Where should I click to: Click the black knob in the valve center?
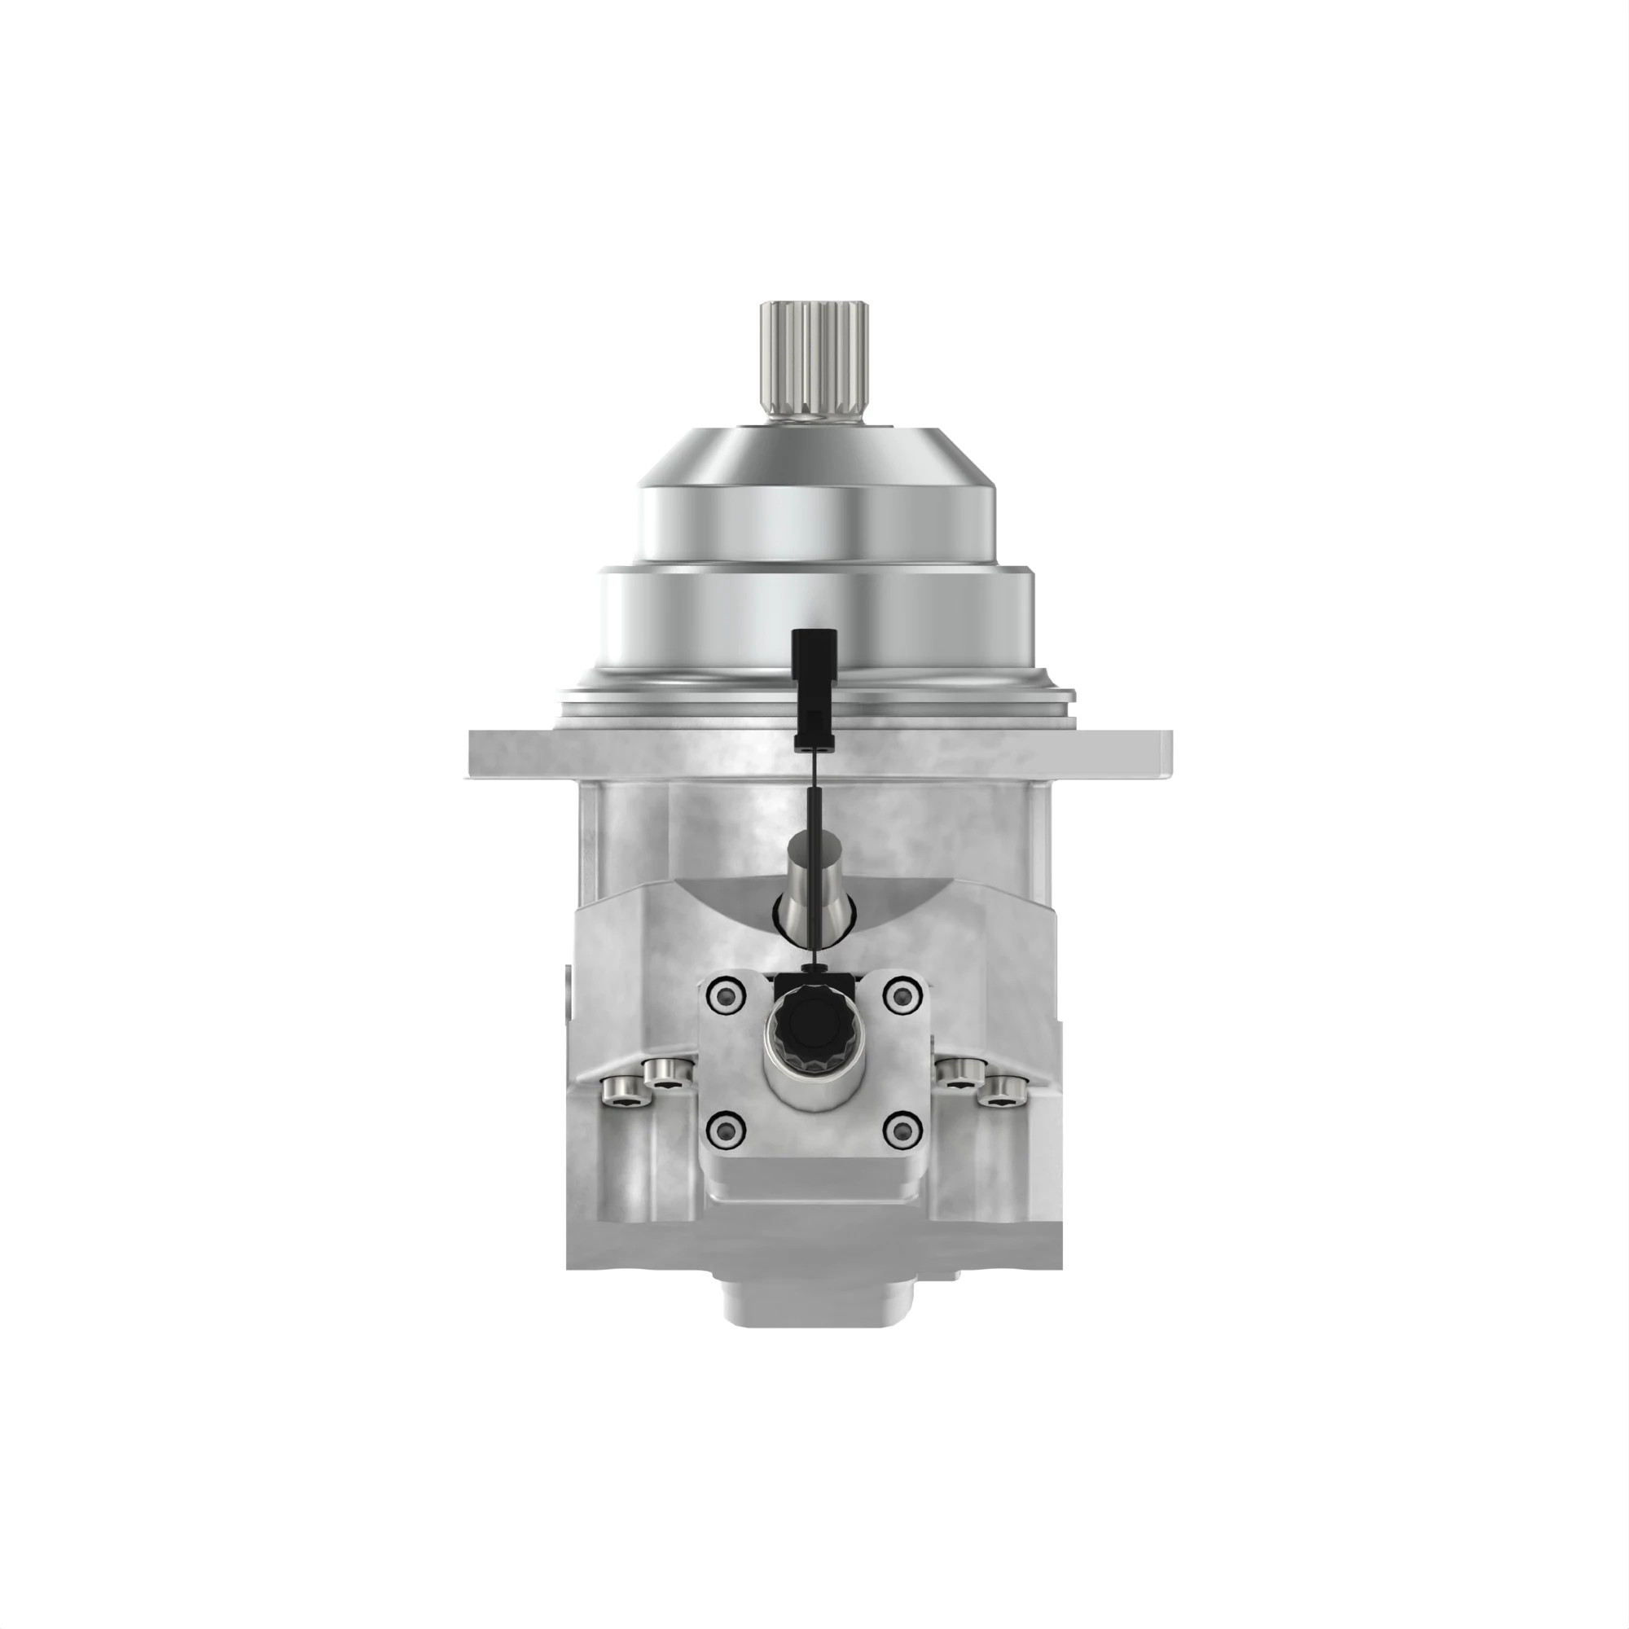coord(814,1030)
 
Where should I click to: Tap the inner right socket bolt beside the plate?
coord(959,1073)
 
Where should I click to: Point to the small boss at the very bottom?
coord(814,1302)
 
